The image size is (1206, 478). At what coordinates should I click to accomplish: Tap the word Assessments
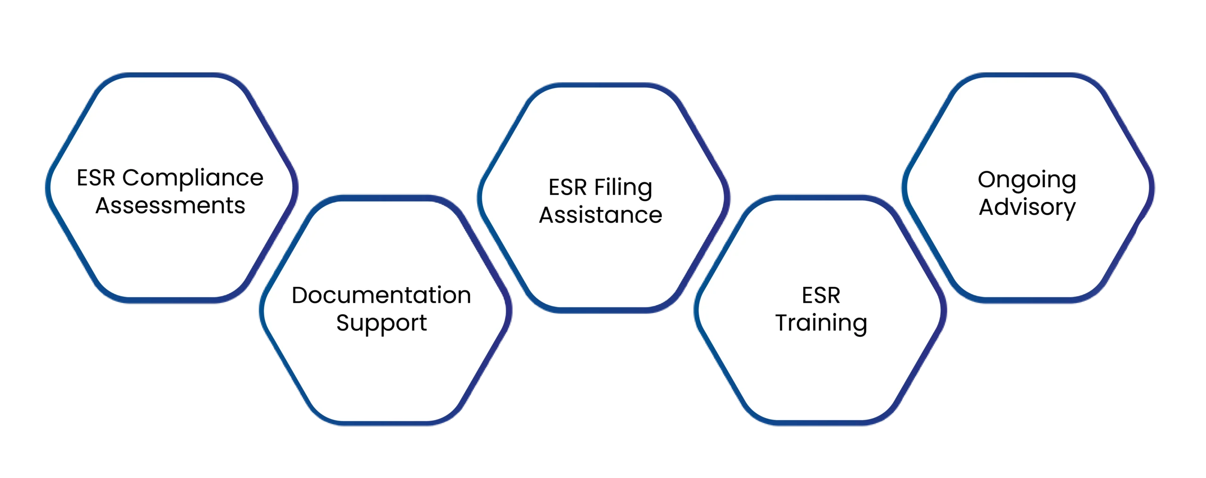(x=170, y=206)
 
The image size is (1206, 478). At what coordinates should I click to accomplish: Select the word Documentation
(x=381, y=296)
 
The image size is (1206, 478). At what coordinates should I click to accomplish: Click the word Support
(x=381, y=324)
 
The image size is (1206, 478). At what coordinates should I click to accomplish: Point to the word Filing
(x=623, y=188)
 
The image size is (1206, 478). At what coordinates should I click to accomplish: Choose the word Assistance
(x=600, y=215)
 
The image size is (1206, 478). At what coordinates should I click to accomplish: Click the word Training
(x=821, y=324)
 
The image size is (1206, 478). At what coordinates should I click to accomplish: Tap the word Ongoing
(x=1027, y=180)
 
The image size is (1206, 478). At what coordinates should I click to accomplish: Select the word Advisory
(x=1027, y=207)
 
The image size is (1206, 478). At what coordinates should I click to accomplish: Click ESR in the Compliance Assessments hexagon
(x=96, y=178)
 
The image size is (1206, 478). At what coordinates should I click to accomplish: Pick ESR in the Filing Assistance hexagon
(x=567, y=187)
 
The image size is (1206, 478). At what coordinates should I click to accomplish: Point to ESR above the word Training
(x=821, y=296)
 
